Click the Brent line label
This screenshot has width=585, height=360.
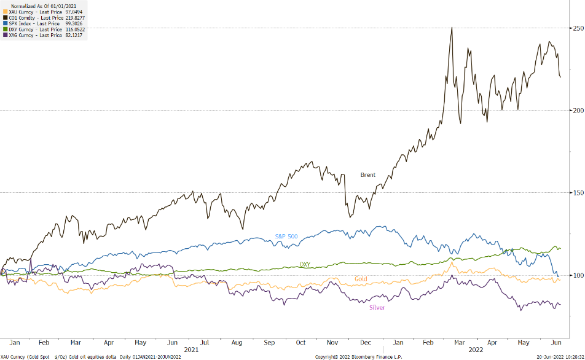click(367, 175)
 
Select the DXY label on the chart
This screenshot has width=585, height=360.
click(305, 264)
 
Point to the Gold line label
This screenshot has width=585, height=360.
click(362, 280)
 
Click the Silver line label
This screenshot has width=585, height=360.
click(377, 307)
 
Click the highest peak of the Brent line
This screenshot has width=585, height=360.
click(452, 28)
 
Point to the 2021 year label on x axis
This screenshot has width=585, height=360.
click(192, 349)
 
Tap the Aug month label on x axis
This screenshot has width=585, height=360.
click(237, 342)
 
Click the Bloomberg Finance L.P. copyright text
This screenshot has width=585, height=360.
click(358, 356)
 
